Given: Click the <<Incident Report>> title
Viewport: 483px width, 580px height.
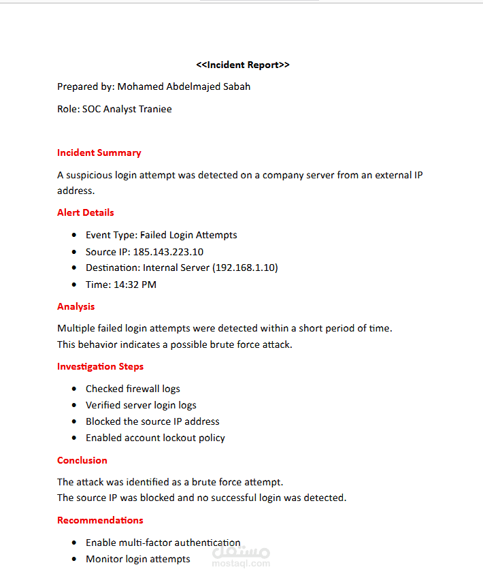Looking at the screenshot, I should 242,65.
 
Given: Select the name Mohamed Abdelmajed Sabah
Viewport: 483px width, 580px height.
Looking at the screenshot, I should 184,86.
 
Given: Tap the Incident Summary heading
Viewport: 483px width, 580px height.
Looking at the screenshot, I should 99,152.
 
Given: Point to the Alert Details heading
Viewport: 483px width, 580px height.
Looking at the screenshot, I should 86,212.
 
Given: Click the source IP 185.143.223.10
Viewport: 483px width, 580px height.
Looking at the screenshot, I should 168,252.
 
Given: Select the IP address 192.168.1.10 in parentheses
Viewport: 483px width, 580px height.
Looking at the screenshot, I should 245,268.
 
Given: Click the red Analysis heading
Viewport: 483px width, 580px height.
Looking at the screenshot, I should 76,306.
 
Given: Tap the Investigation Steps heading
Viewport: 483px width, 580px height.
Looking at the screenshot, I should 101,366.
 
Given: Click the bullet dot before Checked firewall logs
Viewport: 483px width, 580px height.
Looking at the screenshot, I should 73,389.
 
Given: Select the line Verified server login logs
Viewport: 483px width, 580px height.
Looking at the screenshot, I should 141,405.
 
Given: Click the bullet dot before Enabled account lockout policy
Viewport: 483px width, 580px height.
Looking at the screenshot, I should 73,438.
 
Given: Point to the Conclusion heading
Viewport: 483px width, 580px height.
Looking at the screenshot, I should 82,460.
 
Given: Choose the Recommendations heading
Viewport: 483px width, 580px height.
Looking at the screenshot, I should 100,520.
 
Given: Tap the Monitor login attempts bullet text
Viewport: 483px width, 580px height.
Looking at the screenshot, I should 138,559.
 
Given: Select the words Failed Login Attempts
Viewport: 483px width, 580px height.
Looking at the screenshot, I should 188,235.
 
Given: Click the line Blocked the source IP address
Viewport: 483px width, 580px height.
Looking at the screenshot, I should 152,421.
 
